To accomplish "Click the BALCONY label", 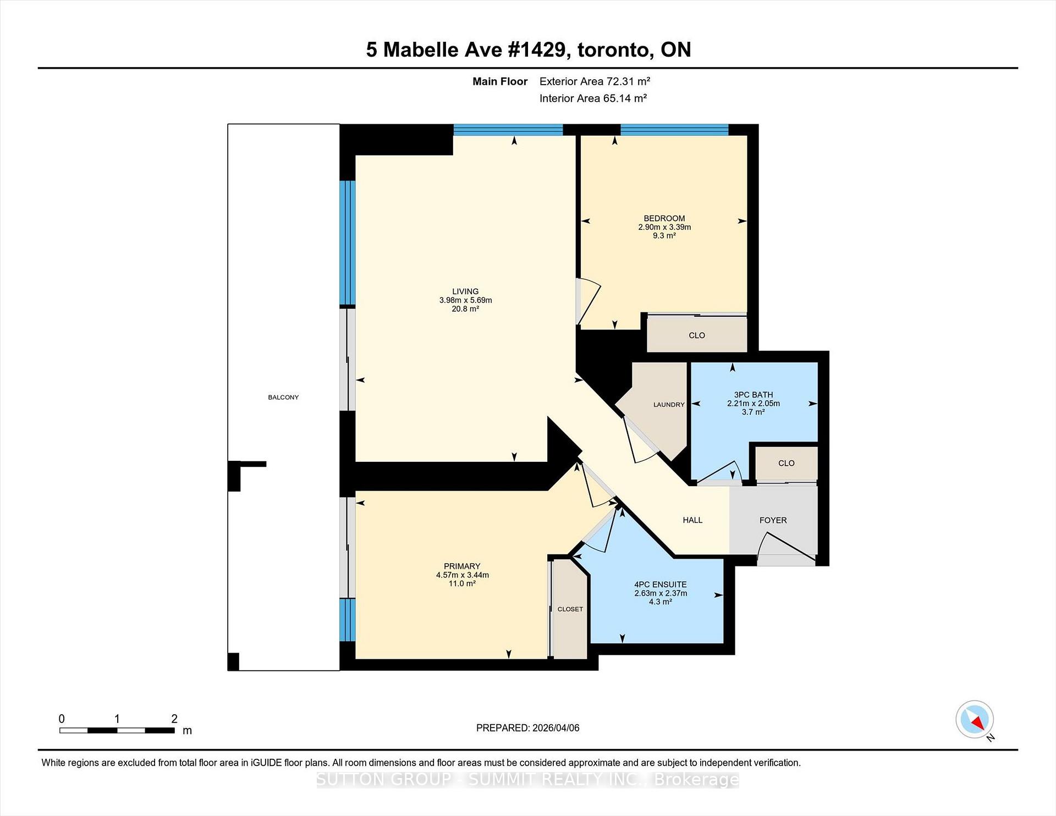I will click(283, 397).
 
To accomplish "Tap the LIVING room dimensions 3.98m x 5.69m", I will click(465, 300).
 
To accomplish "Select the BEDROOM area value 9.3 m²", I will click(664, 235).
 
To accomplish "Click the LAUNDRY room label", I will click(669, 405).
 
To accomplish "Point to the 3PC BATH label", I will click(753, 395).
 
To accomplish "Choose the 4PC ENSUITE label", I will click(660, 585).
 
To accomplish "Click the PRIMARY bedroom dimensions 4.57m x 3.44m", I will click(462, 575).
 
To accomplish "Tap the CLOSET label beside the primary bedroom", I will click(570, 609).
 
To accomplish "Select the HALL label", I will click(692, 520).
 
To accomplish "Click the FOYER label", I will click(773, 520).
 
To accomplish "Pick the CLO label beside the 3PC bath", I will click(786, 464).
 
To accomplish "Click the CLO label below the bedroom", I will click(696, 335).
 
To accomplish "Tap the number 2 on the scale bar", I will click(174, 719).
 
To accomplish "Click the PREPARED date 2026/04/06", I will click(555, 728).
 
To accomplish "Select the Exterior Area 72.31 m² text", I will click(595, 81).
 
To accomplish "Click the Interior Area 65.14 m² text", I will click(592, 98).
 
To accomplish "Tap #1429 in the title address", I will click(536, 49).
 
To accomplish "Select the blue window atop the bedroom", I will click(674, 130).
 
